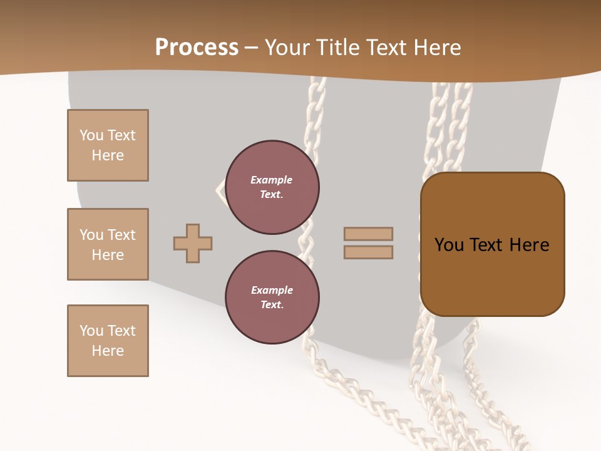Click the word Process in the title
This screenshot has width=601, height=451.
point(197,48)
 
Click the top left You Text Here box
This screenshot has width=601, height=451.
point(108,145)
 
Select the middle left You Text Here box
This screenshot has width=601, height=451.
point(108,244)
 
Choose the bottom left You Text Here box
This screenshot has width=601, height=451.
point(108,341)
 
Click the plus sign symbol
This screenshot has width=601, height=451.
point(193,243)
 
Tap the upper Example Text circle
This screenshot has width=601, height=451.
point(272,187)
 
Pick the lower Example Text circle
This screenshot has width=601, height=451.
point(272,298)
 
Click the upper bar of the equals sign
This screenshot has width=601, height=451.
point(368,234)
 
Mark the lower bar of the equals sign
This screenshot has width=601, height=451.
point(368,252)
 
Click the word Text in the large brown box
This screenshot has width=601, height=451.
point(487,245)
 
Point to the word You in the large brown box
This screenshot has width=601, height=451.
point(449,245)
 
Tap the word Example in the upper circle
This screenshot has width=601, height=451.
point(272,180)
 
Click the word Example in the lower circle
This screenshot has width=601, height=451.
point(272,290)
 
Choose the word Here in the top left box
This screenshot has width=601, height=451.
point(108,155)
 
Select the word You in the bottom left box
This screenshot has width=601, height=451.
point(91,331)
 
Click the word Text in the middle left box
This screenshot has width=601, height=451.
point(121,235)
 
